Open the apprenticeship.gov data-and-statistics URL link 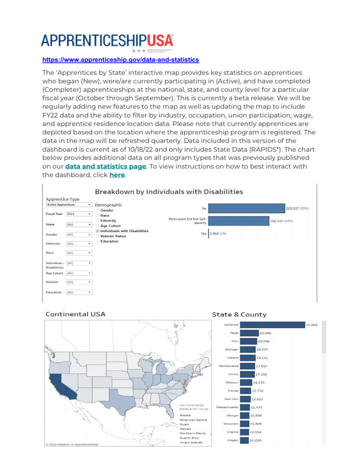[x=121, y=60]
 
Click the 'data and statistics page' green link [x=106, y=167]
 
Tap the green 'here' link [x=117, y=175]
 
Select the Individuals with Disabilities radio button [x=98, y=231]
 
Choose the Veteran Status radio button [x=98, y=236]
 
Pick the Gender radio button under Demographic [x=98, y=211]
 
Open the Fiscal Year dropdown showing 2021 [x=79, y=213]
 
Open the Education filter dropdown [x=79, y=292]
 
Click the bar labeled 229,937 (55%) [x=246, y=208]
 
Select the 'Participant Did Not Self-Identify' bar [x=238, y=221]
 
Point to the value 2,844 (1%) [x=218, y=233]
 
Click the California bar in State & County [x=272, y=325]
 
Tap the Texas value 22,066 [x=265, y=333]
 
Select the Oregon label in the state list [x=232, y=440]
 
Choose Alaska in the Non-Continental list [x=185, y=415]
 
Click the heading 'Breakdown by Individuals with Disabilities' [x=169, y=192]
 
